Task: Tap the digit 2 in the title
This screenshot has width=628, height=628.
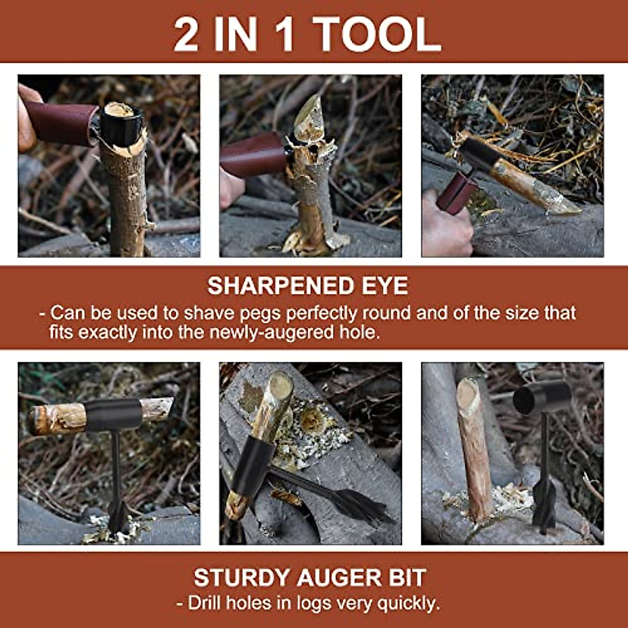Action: pyautogui.click(x=186, y=35)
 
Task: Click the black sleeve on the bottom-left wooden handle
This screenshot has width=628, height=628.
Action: pyautogui.click(x=113, y=414)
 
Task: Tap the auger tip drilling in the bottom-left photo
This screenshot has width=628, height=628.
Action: pyautogui.click(x=118, y=518)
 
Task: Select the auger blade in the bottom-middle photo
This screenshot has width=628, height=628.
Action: pyautogui.click(x=356, y=502)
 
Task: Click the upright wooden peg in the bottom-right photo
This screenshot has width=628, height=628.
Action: pyautogui.click(x=474, y=445)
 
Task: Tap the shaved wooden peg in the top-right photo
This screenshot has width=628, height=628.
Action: pyautogui.click(x=529, y=186)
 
